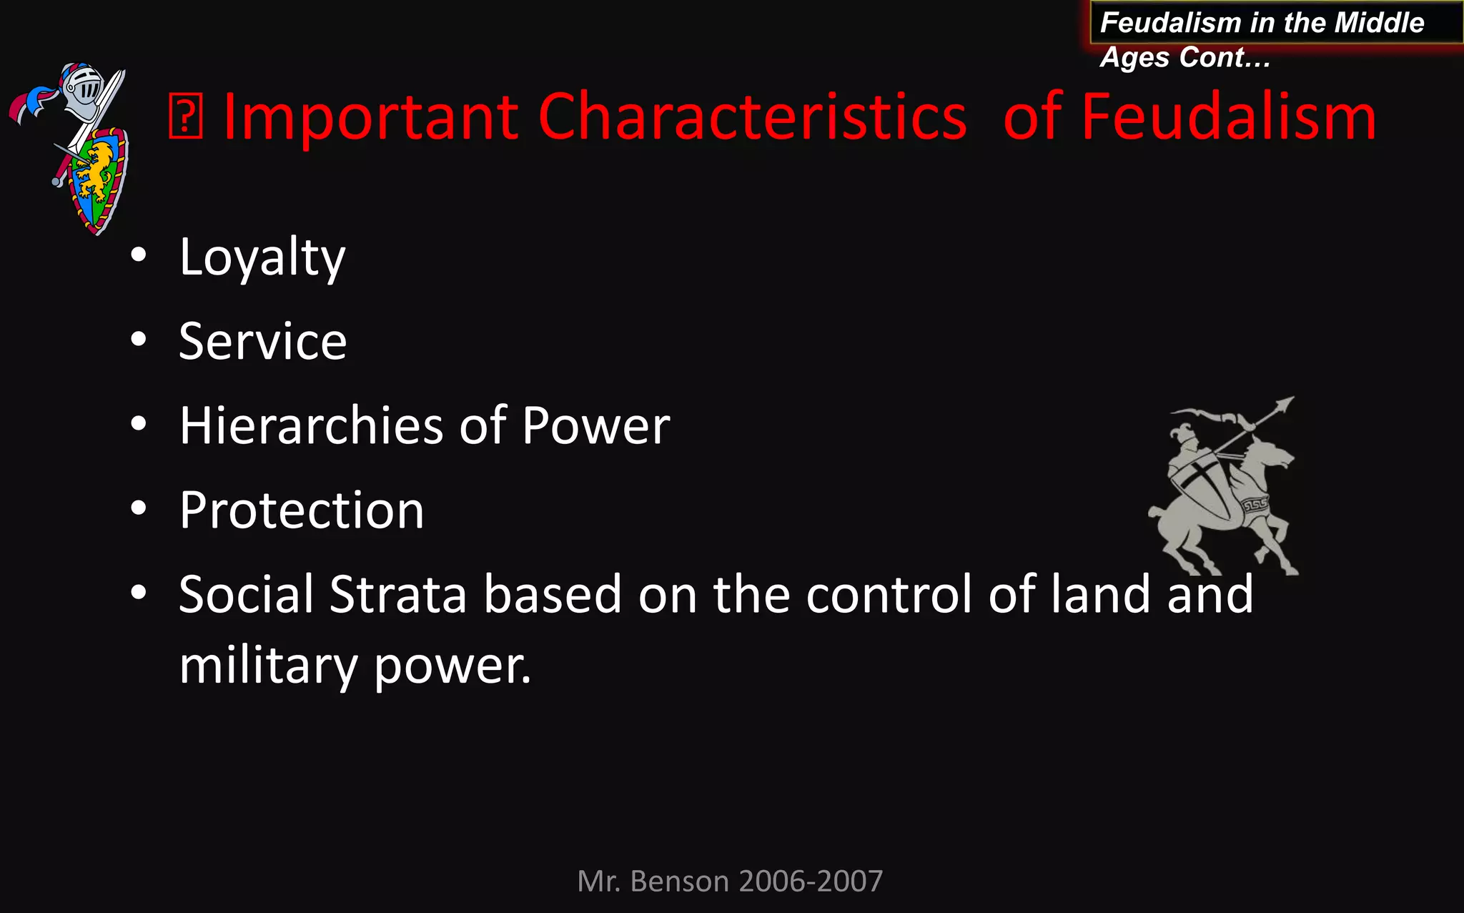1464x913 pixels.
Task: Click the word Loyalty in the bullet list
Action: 262,257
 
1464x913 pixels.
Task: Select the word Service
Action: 262,342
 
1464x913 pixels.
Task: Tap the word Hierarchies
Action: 311,426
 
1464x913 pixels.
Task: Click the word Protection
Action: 301,510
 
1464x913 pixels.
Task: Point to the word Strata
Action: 397,594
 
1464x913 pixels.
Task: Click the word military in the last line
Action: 267,666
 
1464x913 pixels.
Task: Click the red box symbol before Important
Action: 185,118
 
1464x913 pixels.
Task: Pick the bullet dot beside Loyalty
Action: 139,255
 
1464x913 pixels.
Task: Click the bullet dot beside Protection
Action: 139,508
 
